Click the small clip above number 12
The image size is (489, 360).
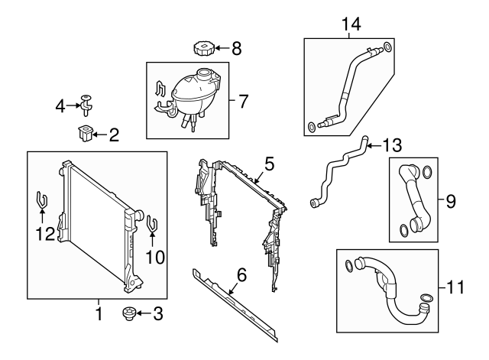41,202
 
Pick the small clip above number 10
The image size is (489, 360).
151,226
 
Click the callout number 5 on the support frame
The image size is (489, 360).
268,163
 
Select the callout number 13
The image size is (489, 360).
391,144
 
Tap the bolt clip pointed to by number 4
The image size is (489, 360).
86,101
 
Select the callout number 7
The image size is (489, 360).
242,100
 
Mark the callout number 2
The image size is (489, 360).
113,136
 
